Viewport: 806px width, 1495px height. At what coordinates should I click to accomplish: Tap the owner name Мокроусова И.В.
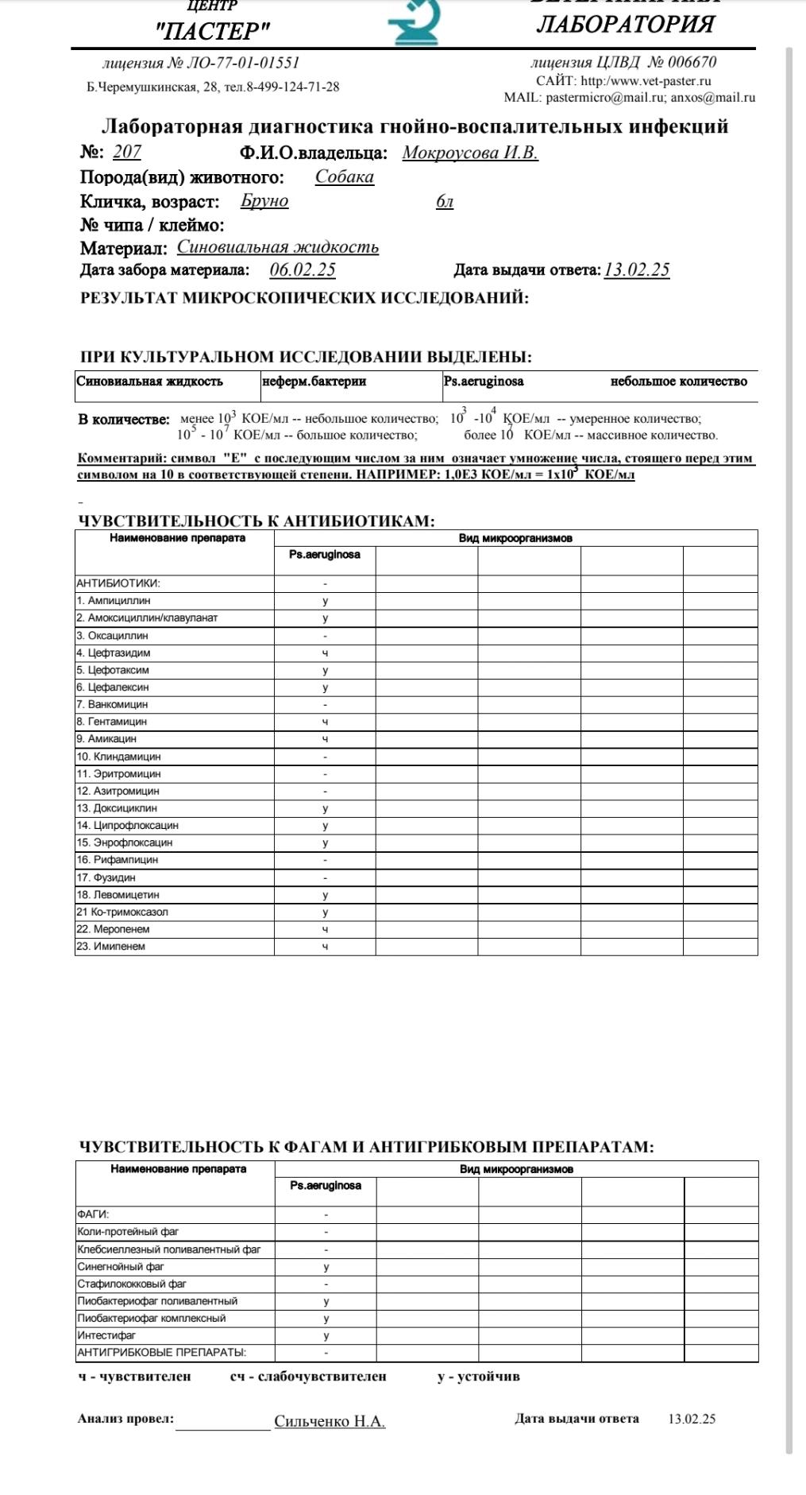470,153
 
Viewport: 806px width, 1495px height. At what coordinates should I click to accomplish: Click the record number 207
126,152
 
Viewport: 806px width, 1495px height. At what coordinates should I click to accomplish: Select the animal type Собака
344,176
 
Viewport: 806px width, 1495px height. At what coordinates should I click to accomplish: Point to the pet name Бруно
264,200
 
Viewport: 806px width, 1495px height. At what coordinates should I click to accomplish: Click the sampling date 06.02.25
303,269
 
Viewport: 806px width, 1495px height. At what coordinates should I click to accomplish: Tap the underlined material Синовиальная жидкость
277,247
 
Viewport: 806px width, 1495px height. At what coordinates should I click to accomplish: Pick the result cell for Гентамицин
325,722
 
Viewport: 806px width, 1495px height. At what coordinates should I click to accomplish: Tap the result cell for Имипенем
325,947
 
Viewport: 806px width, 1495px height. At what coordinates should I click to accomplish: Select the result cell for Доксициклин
325,808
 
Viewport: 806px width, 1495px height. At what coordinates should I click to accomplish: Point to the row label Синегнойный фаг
121,1267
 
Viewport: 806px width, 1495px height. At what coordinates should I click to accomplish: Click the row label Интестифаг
106,1335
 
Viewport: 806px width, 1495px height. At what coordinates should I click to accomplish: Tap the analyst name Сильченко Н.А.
330,1421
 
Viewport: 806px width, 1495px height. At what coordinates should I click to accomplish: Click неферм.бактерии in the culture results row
314,381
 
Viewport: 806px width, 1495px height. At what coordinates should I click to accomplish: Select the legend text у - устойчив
478,1376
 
